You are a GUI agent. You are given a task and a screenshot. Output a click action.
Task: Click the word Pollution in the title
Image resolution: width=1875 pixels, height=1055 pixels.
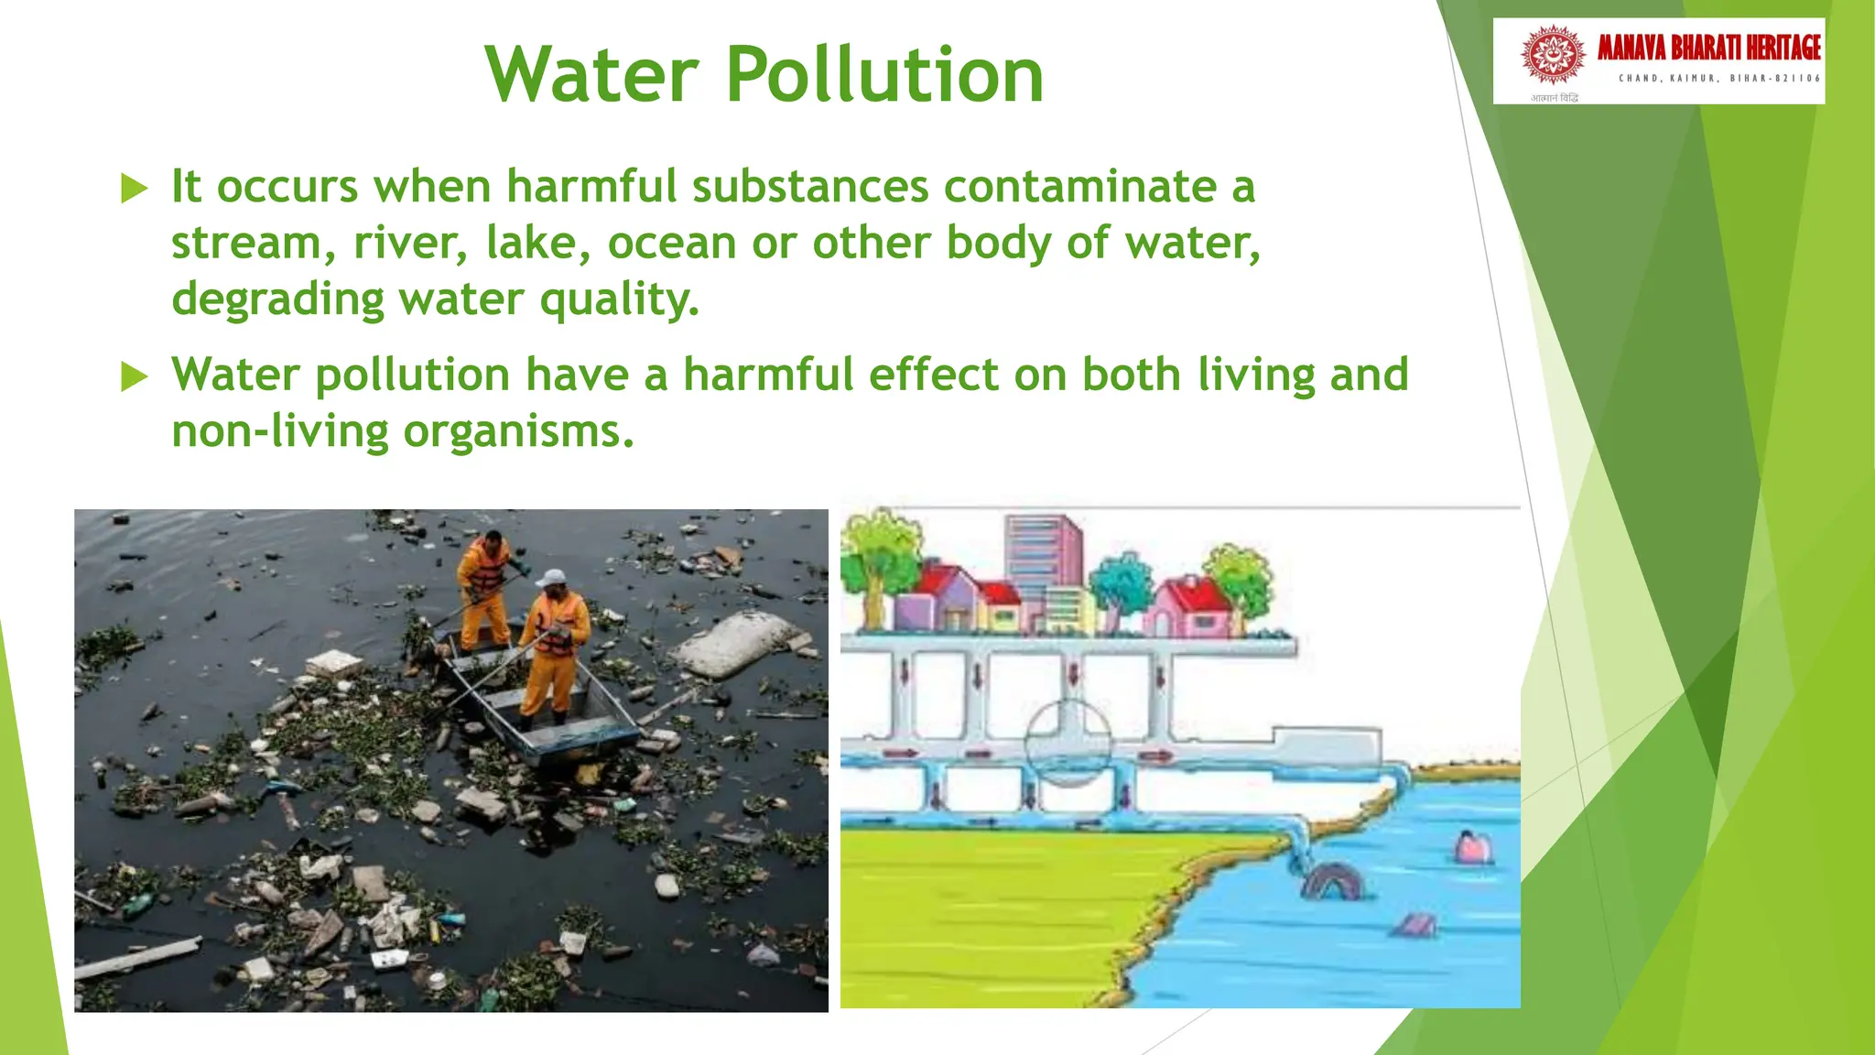(884, 75)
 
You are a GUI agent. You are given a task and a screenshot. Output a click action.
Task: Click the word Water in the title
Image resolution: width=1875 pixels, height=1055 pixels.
(591, 75)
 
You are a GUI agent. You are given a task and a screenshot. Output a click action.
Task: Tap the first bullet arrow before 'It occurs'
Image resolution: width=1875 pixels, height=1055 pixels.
(135, 190)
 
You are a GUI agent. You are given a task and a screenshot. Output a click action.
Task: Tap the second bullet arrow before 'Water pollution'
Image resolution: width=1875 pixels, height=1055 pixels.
(135, 376)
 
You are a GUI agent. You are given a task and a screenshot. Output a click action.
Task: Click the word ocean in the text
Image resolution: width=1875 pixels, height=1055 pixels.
(672, 244)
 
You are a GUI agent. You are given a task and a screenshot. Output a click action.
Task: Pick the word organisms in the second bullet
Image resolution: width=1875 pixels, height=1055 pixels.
(518, 431)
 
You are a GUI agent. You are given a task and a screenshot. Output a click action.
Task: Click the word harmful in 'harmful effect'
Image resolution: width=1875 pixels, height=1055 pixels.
(767, 375)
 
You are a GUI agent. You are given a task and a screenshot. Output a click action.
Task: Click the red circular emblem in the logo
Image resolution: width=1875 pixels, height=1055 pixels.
(1553, 55)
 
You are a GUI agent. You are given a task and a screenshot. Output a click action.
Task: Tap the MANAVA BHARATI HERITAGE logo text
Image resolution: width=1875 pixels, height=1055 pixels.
(1708, 48)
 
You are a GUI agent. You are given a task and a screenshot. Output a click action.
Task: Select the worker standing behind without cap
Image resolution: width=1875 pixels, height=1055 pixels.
(484, 586)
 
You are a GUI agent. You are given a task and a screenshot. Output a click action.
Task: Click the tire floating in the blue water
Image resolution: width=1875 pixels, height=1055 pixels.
(1332, 881)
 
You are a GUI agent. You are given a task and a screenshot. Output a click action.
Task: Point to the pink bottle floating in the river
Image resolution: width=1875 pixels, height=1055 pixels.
(1473, 847)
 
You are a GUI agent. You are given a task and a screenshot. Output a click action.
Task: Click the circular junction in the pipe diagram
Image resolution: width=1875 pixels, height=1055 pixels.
(1068, 742)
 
